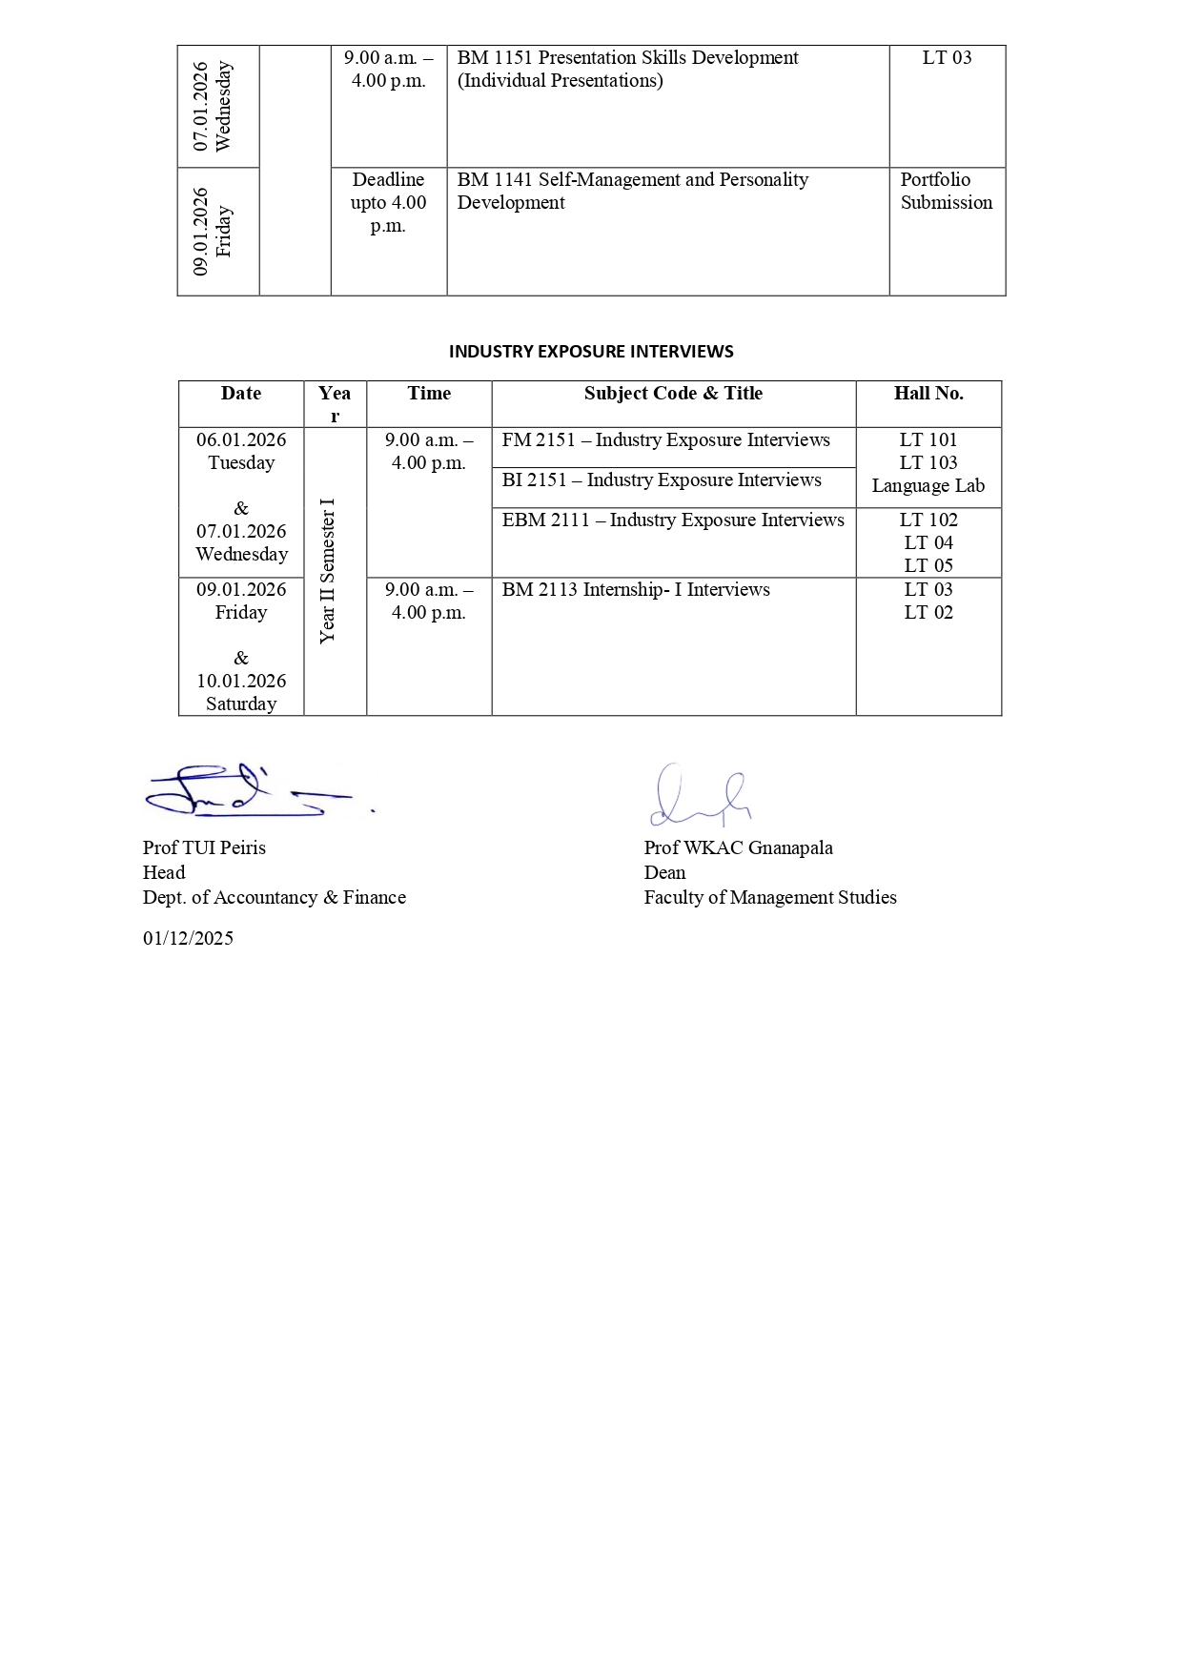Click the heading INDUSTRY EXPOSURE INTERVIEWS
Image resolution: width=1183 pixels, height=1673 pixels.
(x=591, y=351)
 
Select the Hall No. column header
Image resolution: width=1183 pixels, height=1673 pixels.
(x=928, y=394)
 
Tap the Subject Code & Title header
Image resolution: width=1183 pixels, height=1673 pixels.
(x=673, y=394)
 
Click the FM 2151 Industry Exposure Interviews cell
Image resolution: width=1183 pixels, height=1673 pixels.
(x=665, y=440)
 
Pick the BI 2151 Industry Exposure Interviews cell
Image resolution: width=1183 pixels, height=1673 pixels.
(x=662, y=480)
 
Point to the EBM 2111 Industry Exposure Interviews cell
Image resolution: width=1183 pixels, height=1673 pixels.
(x=673, y=520)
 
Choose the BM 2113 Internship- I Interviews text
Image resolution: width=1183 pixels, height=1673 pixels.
(x=636, y=590)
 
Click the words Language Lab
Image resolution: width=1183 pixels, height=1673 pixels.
(x=928, y=486)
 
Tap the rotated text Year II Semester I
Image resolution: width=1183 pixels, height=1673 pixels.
(x=328, y=570)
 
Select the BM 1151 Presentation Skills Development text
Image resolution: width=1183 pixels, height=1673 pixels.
(x=627, y=58)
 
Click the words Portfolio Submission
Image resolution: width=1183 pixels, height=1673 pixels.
(x=946, y=192)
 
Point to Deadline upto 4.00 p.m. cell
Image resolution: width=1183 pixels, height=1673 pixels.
(x=388, y=203)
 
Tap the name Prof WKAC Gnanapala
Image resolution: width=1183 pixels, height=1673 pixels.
(x=738, y=848)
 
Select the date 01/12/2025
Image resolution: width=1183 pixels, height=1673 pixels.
(x=188, y=938)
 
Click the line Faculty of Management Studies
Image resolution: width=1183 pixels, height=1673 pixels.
(x=769, y=898)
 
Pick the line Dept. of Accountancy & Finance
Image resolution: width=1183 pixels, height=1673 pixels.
(x=275, y=898)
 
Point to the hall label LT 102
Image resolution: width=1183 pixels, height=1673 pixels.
(x=928, y=520)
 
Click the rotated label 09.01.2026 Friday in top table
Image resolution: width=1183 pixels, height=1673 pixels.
(x=212, y=232)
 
